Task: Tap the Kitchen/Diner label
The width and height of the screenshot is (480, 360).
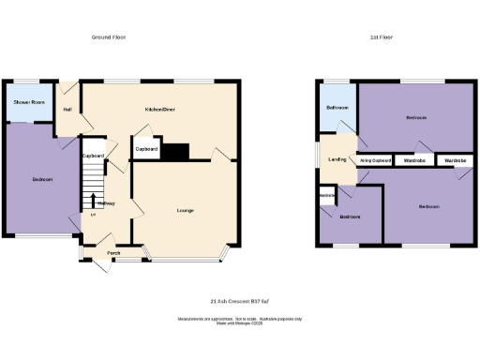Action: click(159, 110)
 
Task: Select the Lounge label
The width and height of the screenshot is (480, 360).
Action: click(185, 210)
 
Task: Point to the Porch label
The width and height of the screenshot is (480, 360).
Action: click(113, 253)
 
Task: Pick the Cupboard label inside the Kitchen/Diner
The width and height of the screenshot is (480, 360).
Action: click(146, 149)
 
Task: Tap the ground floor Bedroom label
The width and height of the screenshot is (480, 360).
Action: click(42, 179)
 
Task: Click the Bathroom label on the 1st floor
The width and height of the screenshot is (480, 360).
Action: click(337, 108)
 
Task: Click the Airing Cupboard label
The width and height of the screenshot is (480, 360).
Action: click(375, 160)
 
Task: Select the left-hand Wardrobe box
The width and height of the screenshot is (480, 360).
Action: click(413, 160)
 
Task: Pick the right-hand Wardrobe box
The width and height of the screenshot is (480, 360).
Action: click(455, 160)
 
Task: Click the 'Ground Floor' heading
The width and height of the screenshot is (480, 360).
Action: click(108, 37)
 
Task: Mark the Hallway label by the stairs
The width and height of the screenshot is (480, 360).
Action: click(106, 203)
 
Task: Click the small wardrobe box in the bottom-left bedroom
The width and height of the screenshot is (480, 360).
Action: click(327, 195)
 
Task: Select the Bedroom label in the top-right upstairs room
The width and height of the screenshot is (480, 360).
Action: click(416, 118)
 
